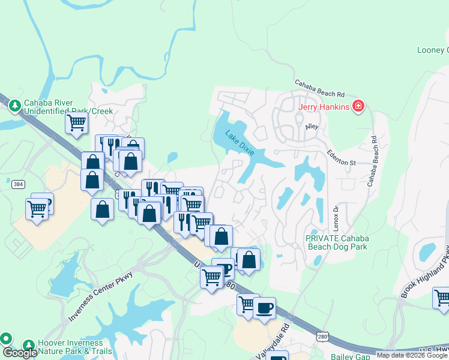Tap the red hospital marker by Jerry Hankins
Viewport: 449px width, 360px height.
[x=358, y=107]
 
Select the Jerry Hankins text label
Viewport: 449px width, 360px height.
[x=325, y=107]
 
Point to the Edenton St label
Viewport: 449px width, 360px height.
[x=342, y=158]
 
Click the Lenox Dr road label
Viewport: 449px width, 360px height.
[x=336, y=215]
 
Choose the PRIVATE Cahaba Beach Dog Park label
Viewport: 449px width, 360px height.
[x=337, y=242]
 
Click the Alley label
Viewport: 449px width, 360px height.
[x=312, y=127]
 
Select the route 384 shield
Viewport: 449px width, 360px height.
[x=18, y=184]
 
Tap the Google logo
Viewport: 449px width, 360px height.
[x=20, y=353]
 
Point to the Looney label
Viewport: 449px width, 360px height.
[x=432, y=50]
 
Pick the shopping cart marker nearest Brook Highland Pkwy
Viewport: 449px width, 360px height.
[x=442, y=298]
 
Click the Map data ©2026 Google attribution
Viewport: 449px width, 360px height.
[x=412, y=355]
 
